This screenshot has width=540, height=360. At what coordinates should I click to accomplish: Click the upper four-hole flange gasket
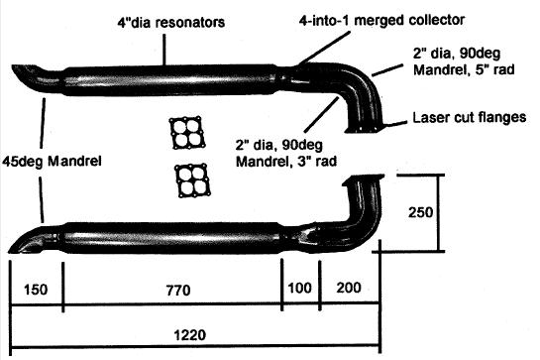(184, 133)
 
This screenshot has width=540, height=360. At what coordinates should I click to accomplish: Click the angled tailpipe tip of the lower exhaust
(27, 239)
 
